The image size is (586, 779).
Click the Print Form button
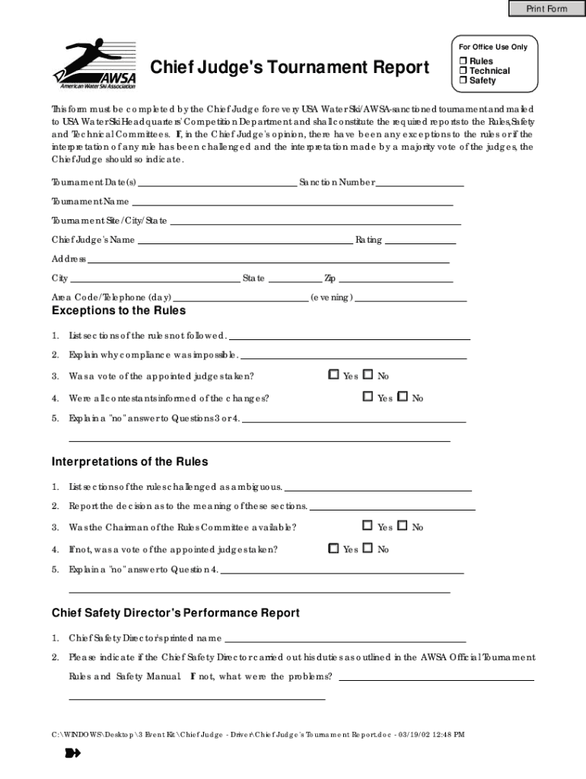point(546,8)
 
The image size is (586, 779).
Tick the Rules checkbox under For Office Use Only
point(462,61)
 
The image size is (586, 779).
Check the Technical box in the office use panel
point(462,71)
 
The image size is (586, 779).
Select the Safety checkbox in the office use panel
point(462,81)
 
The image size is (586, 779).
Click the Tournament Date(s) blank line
point(218,184)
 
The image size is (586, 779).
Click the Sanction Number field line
point(420,184)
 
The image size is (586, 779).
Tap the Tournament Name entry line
point(292,204)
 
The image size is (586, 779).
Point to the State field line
point(295,280)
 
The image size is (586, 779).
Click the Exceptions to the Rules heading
point(119,310)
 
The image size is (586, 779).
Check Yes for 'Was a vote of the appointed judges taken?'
point(333,375)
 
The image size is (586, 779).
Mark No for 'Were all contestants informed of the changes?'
point(403,397)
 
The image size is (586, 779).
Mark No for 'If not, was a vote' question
point(368,548)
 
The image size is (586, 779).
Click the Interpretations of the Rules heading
point(129,462)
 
